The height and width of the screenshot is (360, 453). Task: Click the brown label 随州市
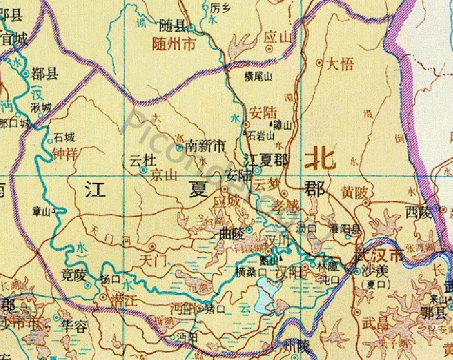click(174, 45)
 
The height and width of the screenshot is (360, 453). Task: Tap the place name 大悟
click(340, 64)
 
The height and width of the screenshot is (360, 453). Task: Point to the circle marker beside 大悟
click(320, 62)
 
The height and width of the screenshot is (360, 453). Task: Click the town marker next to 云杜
click(143, 170)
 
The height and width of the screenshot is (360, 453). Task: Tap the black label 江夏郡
click(265, 160)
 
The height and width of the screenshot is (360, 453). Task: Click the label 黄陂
click(354, 192)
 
